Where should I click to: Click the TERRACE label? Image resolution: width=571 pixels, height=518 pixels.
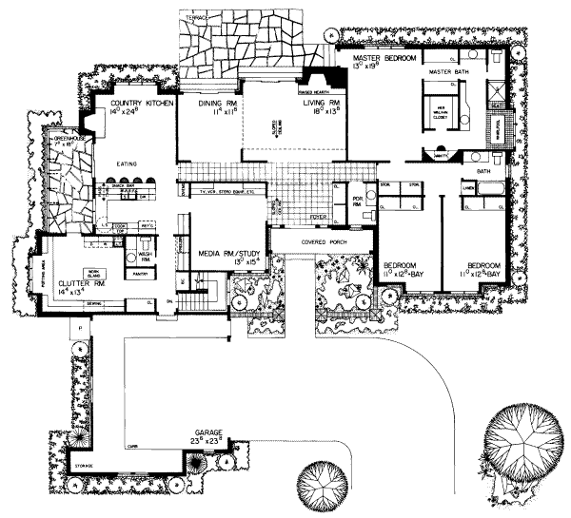pos(192,18)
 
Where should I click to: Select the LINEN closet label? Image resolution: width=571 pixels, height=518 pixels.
pos(469,188)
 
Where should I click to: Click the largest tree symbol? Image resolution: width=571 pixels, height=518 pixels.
pos(518,441)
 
